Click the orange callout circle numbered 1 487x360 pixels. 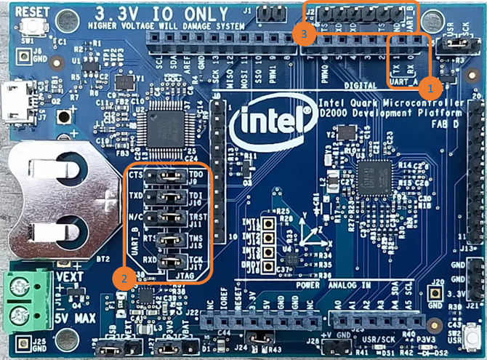[x=430, y=87]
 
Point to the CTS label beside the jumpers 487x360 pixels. [x=134, y=176]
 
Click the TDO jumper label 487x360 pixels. [x=196, y=176]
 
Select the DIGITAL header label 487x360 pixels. [x=355, y=85]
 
